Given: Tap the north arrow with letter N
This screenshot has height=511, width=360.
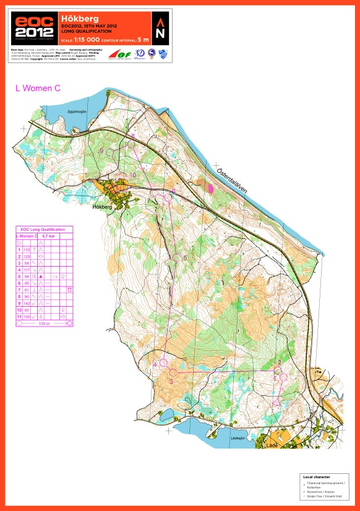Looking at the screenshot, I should (x=160, y=28).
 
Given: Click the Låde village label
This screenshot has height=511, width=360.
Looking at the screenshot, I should (x=270, y=444).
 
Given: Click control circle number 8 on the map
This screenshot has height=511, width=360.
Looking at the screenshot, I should (x=131, y=144).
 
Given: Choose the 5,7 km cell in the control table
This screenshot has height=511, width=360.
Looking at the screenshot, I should (x=48, y=236).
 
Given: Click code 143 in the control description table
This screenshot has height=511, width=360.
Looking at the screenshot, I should (x=27, y=304).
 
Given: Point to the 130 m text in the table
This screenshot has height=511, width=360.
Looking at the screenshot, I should (x=43, y=324).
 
